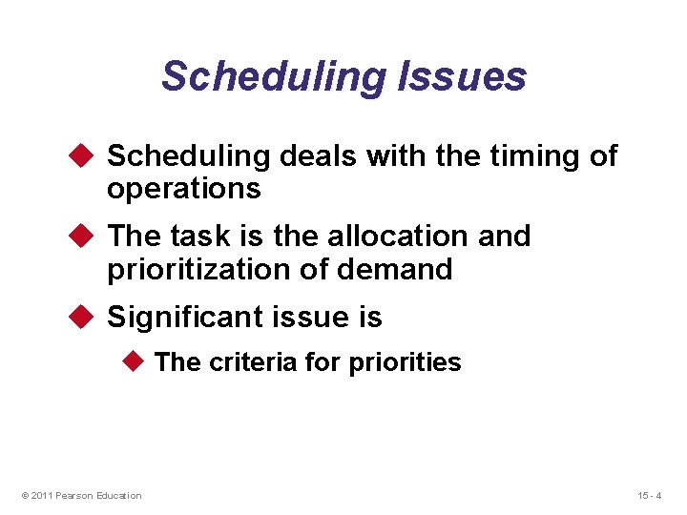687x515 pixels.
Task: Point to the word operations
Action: [183, 189]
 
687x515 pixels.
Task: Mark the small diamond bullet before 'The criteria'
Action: [135, 361]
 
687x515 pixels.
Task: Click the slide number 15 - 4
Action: [649, 495]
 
